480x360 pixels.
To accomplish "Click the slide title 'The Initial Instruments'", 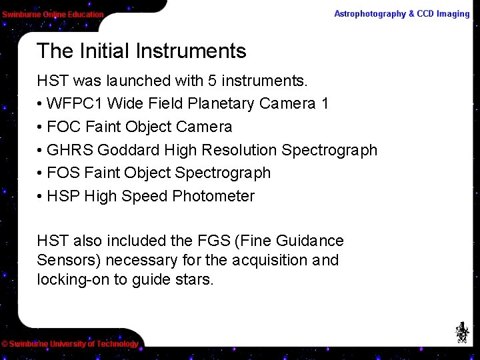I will pyautogui.click(x=141, y=51).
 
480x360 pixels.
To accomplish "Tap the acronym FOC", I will pyautogui.click(x=64, y=127).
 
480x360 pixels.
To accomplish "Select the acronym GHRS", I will pyautogui.click(x=69, y=150).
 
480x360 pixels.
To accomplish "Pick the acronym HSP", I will pyautogui.click(x=63, y=196).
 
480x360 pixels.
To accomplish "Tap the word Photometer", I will pyautogui.click(x=213, y=196).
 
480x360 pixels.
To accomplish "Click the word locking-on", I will pyautogui.click(x=73, y=279).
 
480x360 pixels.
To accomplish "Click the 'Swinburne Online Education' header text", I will pyautogui.click(x=53, y=15).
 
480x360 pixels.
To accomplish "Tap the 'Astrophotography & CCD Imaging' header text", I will pyautogui.click(x=401, y=14).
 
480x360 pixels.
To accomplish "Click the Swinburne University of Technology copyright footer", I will pyautogui.click(x=69, y=344).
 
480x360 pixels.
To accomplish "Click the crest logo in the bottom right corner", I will pyautogui.click(x=461, y=332).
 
